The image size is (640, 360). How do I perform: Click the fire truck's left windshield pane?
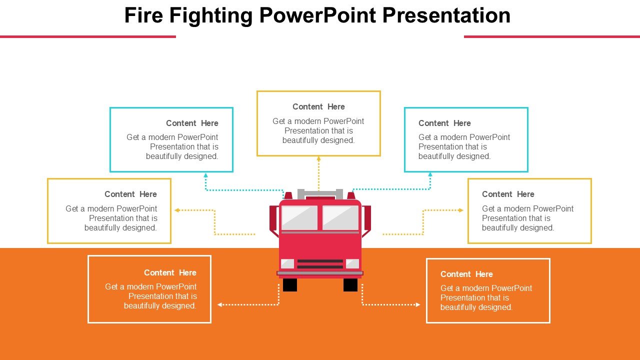(x=299, y=217)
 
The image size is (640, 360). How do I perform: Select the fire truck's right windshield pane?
(x=340, y=217)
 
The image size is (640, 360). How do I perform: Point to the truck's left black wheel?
(x=290, y=285)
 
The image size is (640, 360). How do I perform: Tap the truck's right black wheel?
(x=350, y=285)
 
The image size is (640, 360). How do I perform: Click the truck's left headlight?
(x=287, y=263)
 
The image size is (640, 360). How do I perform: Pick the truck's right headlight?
(x=352, y=263)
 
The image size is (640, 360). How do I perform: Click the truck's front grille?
(x=320, y=263)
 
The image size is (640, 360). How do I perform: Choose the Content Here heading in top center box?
(x=318, y=106)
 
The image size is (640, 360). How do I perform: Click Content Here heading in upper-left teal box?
(x=192, y=123)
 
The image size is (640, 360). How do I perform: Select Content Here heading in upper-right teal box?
(x=444, y=123)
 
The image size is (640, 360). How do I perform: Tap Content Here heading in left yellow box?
(x=130, y=194)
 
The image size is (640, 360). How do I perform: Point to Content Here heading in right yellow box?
(x=508, y=194)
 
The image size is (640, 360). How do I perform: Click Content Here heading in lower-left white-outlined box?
(x=170, y=272)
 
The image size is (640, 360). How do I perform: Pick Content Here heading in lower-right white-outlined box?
(x=466, y=274)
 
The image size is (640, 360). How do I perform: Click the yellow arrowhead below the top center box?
(x=318, y=159)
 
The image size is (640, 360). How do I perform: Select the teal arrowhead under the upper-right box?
(x=430, y=175)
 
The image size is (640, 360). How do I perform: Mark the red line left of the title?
(x=87, y=36)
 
